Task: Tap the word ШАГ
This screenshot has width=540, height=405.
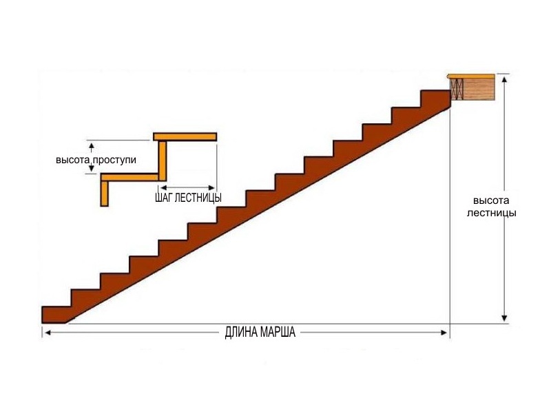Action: pyautogui.click(x=164, y=198)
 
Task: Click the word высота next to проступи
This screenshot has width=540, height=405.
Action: pyautogui.click(x=73, y=160)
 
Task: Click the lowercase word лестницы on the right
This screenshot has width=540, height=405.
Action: pyautogui.click(x=492, y=214)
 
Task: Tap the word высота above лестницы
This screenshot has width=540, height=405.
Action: pyautogui.click(x=491, y=201)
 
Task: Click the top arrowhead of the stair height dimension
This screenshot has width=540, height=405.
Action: pyautogui.click(x=504, y=79)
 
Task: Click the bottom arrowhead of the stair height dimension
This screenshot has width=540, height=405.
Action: pyautogui.click(x=504, y=318)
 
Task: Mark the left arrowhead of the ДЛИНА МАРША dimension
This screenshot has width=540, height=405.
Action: pyautogui.click(x=48, y=332)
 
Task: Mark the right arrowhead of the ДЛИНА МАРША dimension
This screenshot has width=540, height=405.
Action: pyautogui.click(x=444, y=332)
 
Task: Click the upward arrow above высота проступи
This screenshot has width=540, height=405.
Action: pyautogui.click(x=92, y=147)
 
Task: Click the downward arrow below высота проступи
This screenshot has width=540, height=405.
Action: pyautogui.click(x=92, y=168)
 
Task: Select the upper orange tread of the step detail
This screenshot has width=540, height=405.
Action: pyautogui.click(x=185, y=136)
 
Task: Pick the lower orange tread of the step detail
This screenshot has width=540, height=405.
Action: pyautogui.click(x=129, y=178)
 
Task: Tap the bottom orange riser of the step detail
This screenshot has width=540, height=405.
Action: pyautogui.click(x=105, y=194)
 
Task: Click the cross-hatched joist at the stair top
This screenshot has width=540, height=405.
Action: pyautogui.click(x=456, y=90)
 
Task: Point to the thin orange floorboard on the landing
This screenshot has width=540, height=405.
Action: pyautogui.click(x=471, y=76)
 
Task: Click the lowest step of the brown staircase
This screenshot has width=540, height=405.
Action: pyautogui.click(x=56, y=315)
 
